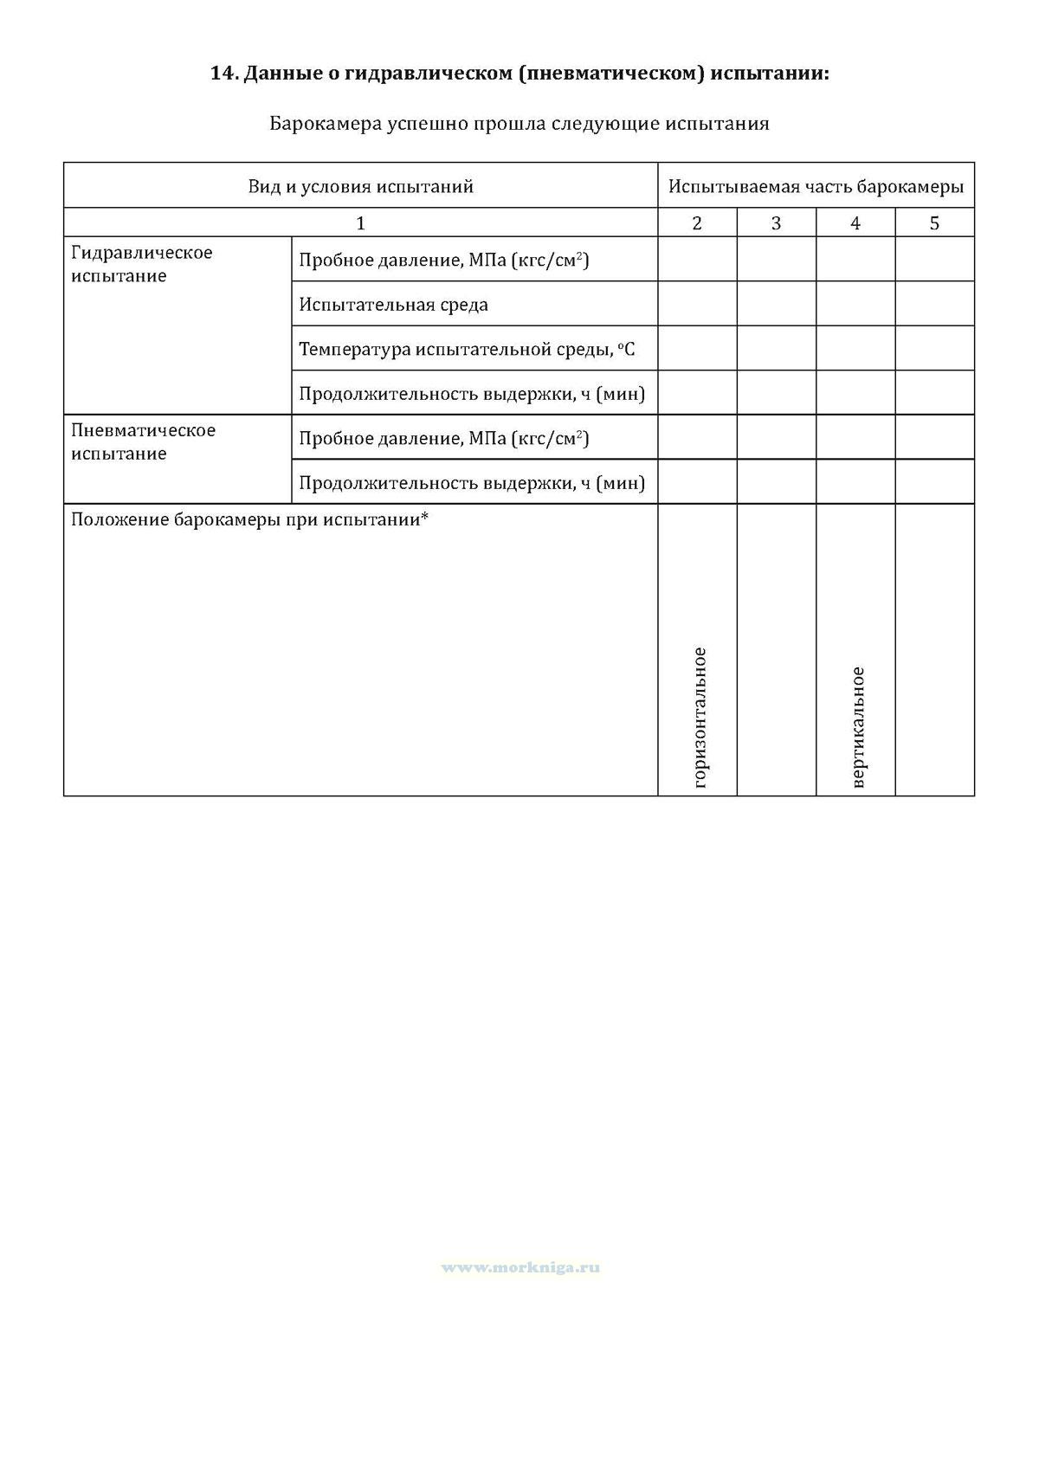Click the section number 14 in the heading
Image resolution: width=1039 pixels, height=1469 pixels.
click(x=223, y=74)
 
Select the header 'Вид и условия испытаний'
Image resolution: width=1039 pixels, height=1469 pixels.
click(x=360, y=186)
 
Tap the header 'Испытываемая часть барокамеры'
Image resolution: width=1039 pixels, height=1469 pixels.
click(x=816, y=186)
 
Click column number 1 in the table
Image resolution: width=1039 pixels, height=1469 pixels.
click(x=360, y=223)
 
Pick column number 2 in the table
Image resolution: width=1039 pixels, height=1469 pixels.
click(x=697, y=223)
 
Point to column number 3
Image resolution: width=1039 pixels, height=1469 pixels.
click(x=776, y=223)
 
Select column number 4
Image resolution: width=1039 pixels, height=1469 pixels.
click(x=855, y=223)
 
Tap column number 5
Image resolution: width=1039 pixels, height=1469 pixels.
click(x=934, y=223)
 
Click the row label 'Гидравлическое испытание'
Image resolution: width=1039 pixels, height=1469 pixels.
click(x=142, y=264)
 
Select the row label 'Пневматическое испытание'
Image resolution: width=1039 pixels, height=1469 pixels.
click(x=144, y=441)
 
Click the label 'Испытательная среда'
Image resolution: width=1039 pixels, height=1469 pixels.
click(x=394, y=305)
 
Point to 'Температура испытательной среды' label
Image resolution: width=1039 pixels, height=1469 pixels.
click(x=467, y=350)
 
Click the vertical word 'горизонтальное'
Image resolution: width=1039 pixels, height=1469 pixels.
click(x=700, y=718)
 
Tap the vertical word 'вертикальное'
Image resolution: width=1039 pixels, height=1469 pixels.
click(x=858, y=727)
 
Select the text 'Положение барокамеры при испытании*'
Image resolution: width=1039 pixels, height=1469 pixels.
click(x=250, y=520)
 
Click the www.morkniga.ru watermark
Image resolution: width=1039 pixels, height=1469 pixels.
click(x=520, y=1267)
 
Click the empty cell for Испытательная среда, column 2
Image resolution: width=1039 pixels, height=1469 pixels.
click(x=697, y=304)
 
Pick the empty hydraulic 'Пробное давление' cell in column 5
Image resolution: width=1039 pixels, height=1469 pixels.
click(x=934, y=259)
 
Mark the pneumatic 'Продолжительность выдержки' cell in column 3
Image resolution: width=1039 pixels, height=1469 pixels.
click(x=776, y=481)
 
